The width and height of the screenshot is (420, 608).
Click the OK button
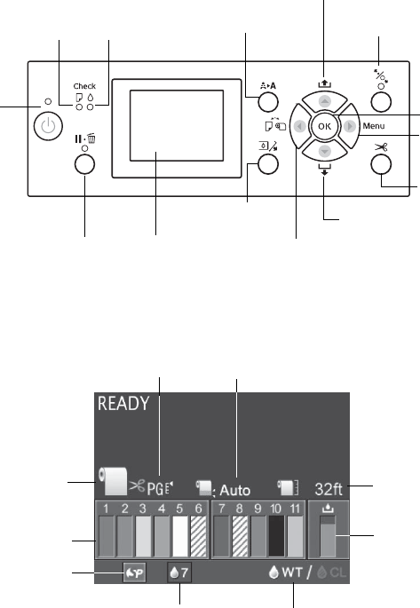[324, 126]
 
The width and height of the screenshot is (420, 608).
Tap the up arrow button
[325, 101]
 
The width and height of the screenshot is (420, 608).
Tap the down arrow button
[325, 151]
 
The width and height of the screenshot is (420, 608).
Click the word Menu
[374, 126]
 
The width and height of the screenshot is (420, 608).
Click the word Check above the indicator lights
[84, 86]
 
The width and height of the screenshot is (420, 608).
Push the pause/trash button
[84, 164]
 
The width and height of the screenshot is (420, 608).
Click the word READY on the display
[123, 404]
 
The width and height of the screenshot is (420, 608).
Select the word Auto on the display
[235, 491]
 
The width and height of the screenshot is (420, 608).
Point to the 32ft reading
[329, 489]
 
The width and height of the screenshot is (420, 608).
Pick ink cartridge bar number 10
[276, 536]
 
